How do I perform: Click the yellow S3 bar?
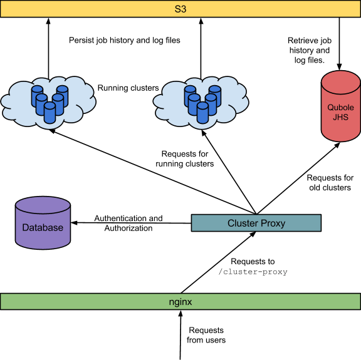(180, 8)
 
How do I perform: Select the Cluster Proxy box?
(256, 223)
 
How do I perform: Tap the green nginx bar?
(180, 301)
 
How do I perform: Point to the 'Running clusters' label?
(128, 88)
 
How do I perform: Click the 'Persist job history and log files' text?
(124, 41)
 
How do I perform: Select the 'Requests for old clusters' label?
(330, 183)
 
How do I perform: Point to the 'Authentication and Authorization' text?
(128, 224)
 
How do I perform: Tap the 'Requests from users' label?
(206, 335)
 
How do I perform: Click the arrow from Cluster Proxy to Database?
(132, 223)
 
